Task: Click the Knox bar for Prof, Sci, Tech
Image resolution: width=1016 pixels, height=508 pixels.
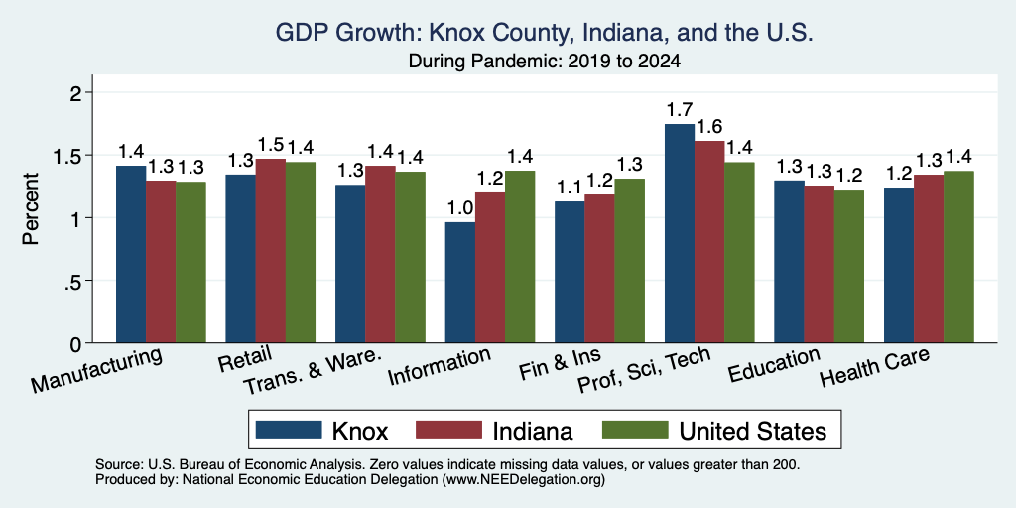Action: click(x=680, y=233)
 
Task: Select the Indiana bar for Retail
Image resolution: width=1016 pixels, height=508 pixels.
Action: click(x=270, y=251)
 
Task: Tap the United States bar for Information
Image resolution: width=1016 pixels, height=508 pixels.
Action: click(x=520, y=257)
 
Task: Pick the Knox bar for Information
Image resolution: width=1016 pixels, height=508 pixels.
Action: click(x=460, y=283)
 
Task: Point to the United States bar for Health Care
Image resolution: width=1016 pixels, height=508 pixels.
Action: click(x=958, y=257)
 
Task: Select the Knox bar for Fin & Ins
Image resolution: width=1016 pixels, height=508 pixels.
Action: click(x=570, y=272)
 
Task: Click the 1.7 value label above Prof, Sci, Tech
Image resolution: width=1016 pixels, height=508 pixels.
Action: click(x=680, y=110)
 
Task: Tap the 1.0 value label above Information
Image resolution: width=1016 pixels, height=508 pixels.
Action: click(x=460, y=208)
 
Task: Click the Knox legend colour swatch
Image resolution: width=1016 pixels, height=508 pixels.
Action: click(x=289, y=430)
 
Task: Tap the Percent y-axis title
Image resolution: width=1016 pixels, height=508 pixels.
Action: click(x=31, y=208)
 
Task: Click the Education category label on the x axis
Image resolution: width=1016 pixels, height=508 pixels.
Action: click(x=774, y=365)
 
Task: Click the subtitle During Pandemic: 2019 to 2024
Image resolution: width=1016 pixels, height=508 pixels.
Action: click(x=545, y=62)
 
